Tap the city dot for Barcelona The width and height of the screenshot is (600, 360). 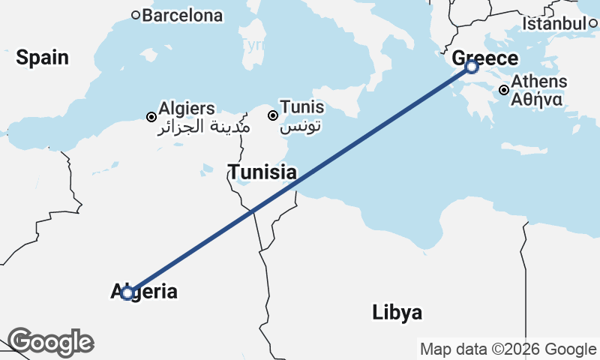point(136,14)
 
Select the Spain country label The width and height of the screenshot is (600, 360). point(42,58)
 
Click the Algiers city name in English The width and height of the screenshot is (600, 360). point(187,109)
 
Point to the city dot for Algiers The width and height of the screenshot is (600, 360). point(151,117)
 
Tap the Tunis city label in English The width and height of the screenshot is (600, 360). point(301,107)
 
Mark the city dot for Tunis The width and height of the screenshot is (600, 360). point(273,115)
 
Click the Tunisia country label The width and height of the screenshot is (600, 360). point(262,172)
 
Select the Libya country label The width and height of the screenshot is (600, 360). point(397,313)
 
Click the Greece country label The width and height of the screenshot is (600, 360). point(485,58)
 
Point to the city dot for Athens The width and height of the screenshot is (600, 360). point(504,90)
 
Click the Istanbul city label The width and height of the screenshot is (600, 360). point(554,24)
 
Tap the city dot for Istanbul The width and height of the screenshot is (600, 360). point(592,23)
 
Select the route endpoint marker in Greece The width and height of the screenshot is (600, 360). point(471,67)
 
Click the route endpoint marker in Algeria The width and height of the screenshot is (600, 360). point(127,292)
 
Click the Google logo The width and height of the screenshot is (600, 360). point(50,342)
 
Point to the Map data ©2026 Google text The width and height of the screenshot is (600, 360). point(508,349)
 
